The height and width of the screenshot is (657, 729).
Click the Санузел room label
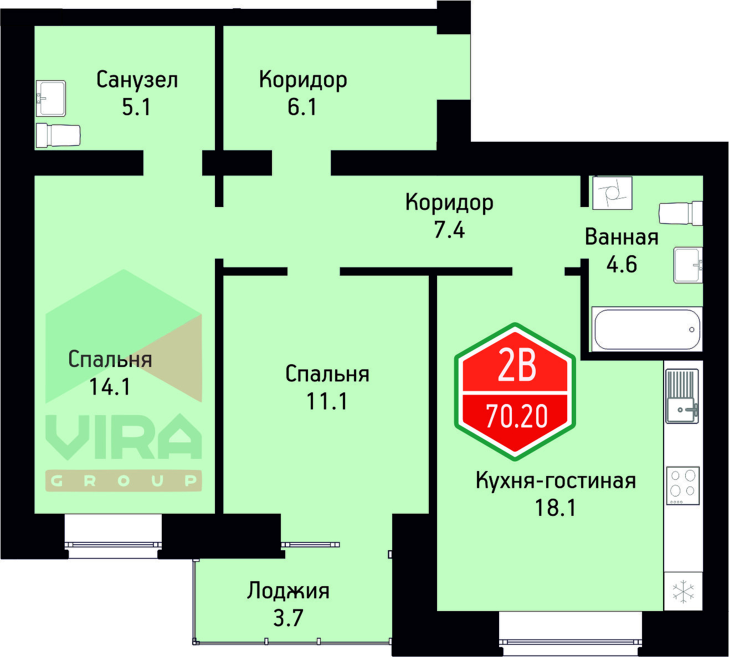[x=137, y=80]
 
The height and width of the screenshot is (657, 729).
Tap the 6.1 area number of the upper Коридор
[x=302, y=107]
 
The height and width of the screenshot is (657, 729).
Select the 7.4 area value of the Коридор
[x=449, y=229]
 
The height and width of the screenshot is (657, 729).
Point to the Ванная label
[x=622, y=237]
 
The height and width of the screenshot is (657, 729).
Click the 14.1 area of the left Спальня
[x=110, y=386]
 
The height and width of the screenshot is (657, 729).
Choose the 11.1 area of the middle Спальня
[x=327, y=401]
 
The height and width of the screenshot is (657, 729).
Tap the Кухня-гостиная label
[x=556, y=480]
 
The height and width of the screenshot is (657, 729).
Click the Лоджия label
[x=288, y=591]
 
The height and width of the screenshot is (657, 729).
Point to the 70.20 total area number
[x=516, y=416]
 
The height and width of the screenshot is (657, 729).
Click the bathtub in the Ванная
[x=646, y=329]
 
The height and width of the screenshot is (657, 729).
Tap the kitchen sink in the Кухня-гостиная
[x=682, y=396]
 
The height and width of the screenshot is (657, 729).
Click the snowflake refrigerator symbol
[x=683, y=591]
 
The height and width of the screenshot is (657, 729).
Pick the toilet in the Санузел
[x=58, y=135]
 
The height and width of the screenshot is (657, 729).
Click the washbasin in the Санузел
[x=51, y=98]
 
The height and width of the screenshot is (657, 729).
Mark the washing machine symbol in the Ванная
[x=612, y=193]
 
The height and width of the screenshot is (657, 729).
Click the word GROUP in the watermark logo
[x=123, y=481]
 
